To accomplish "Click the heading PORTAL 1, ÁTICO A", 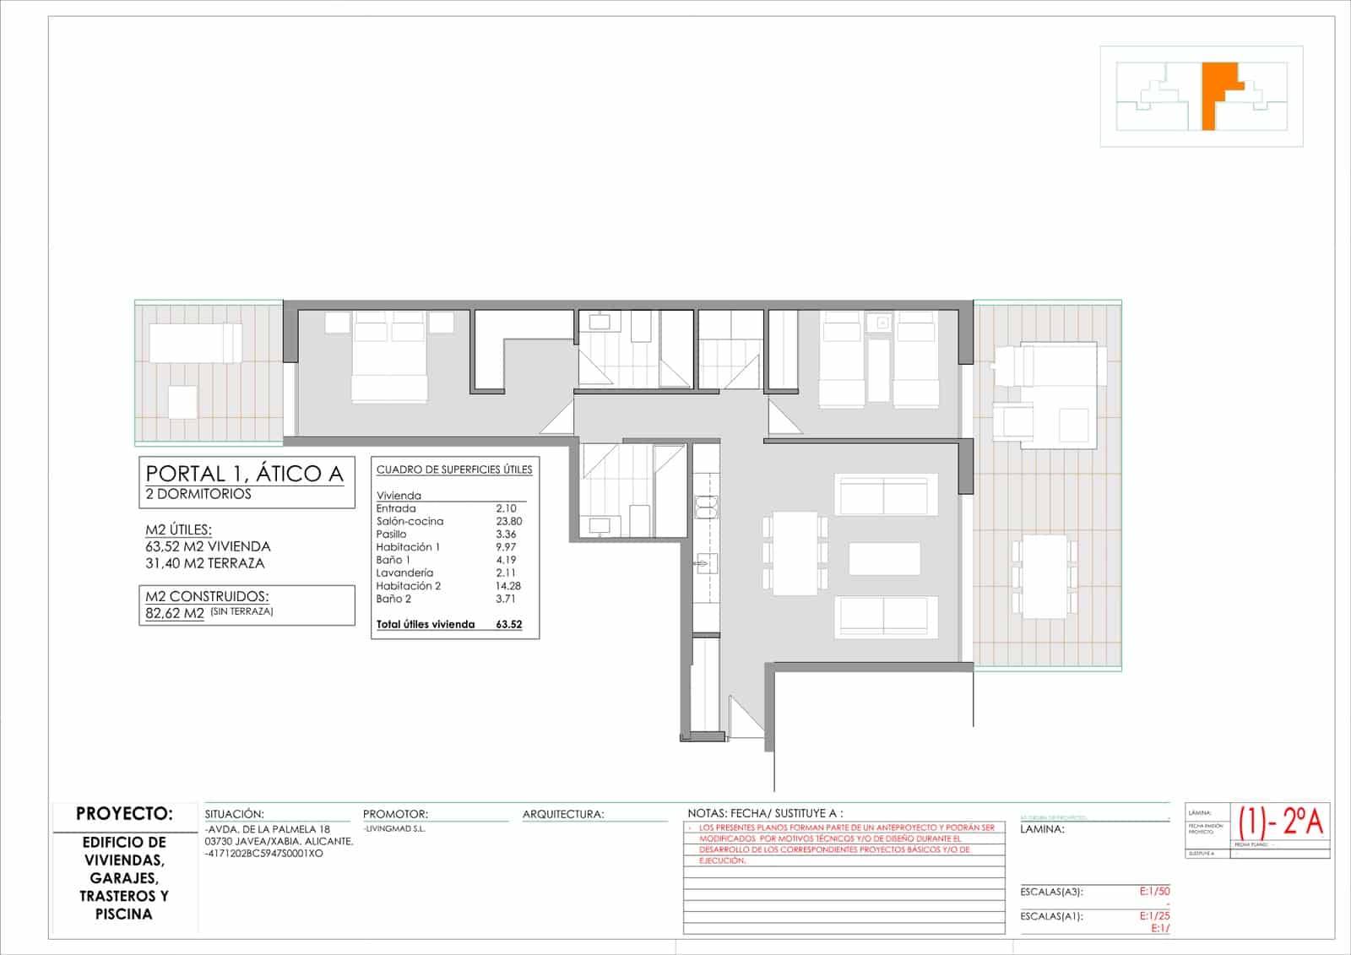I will click(x=245, y=474).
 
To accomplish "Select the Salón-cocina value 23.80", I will click(x=508, y=521).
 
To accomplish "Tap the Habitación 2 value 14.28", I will click(x=508, y=585).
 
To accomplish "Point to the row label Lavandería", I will click(x=404, y=572).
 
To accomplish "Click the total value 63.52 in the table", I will click(x=509, y=625).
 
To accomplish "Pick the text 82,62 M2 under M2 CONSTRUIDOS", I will click(x=175, y=614).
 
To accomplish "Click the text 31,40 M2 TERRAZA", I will click(x=204, y=563).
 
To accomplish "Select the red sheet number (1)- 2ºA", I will click(x=1281, y=821).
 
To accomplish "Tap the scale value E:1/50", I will click(x=1154, y=892).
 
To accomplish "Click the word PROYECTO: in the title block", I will click(x=124, y=814).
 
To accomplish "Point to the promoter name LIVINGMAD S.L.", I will click(x=395, y=829).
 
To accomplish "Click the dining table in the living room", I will click(x=795, y=553).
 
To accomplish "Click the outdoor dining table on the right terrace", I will click(x=1045, y=577).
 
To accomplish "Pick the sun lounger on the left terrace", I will click(x=195, y=344).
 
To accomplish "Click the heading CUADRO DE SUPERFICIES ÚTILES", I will click(x=454, y=469).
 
